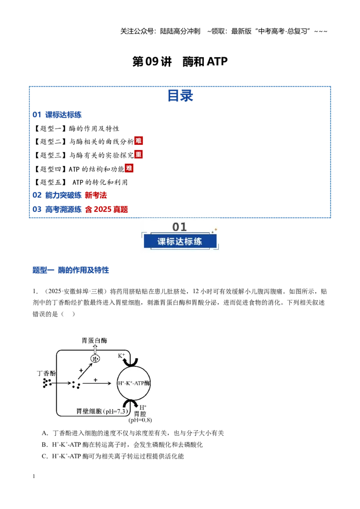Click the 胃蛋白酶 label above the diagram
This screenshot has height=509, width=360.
coord(94,340)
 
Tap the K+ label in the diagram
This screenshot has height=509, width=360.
coord(121,356)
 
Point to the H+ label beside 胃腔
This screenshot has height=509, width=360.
coord(143,407)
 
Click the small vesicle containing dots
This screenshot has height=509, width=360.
coord(95,359)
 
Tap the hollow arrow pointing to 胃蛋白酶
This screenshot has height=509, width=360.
coord(95,349)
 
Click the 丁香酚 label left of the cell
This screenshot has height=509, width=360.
coord(46,373)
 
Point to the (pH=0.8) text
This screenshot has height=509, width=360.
coord(140,420)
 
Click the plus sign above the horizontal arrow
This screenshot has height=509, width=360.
coord(95,380)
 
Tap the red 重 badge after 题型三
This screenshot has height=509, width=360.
coord(139,154)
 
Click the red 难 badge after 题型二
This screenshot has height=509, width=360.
coord(139,141)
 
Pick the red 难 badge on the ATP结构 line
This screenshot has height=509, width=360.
coord(129,168)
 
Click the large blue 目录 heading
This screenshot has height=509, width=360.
coord(180,96)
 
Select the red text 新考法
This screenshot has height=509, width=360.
coord(96,195)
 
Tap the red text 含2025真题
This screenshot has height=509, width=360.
coord(106,210)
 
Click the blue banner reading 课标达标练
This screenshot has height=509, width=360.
coord(180,241)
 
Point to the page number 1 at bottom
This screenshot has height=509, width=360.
coord(34,476)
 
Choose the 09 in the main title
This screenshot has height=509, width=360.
coord(152,61)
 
